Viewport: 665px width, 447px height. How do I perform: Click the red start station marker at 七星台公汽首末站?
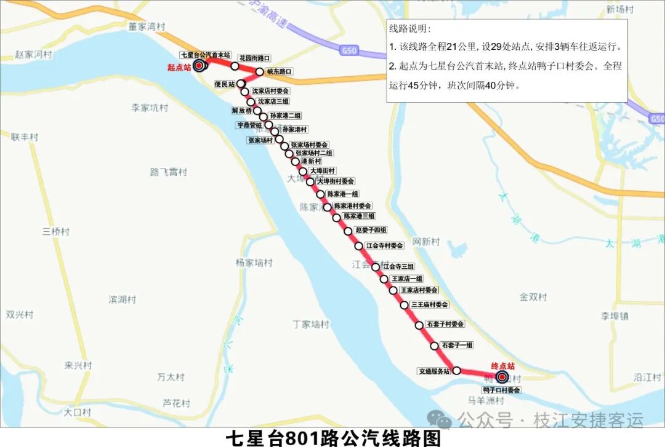(x=199, y=65)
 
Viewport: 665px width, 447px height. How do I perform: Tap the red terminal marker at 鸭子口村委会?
(x=502, y=378)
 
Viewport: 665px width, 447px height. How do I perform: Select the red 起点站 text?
(x=179, y=68)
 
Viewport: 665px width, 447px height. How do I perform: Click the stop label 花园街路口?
(x=254, y=58)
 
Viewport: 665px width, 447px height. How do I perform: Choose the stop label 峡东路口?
(x=280, y=72)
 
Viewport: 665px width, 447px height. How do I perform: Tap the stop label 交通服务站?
(x=433, y=371)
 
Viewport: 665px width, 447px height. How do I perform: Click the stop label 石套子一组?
(x=457, y=346)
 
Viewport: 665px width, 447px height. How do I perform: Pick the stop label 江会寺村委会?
(x=384, y=245)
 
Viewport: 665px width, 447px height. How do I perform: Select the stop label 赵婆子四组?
(x=371, y=230)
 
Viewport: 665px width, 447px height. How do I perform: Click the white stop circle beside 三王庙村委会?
(x=405, y=305)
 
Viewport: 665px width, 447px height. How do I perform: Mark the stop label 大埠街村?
(x=323, y=171)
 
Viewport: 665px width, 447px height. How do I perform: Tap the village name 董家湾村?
(x=147, y=27)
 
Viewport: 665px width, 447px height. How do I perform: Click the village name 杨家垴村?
(x=253, y=263)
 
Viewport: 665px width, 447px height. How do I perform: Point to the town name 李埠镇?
(x=615, y=316)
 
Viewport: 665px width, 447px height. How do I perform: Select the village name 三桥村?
(x=56, y=232)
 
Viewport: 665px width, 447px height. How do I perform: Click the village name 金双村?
(x=533, y=297)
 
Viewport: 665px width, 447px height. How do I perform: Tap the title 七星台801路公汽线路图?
(x=333, y=438)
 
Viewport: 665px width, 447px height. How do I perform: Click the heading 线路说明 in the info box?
(x=410, y=29)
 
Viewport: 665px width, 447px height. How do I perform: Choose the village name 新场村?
(x=619, y=9)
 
